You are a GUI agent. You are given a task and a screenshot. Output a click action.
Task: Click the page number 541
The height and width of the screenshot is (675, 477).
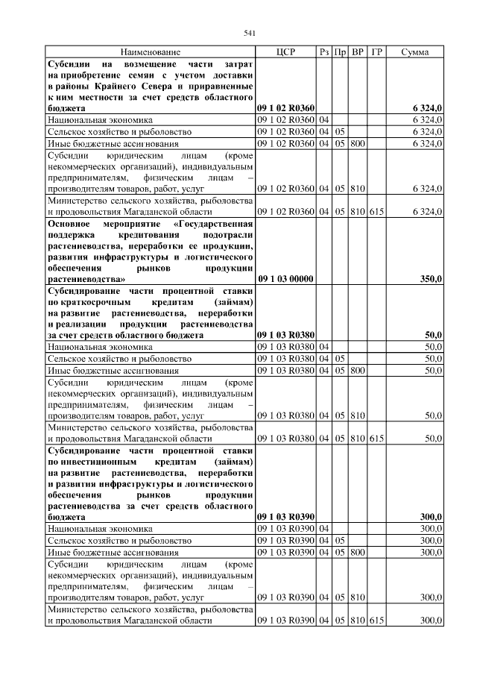250,32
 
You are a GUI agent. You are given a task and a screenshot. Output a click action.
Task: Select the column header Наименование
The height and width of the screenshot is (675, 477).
150,52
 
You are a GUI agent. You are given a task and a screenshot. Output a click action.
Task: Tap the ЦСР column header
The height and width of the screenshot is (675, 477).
285,52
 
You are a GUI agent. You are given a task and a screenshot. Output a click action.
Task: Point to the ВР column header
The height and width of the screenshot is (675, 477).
358,52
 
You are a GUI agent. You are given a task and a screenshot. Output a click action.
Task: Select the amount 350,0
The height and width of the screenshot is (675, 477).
431,278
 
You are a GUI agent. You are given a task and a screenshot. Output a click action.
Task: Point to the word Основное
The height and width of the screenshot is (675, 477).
69,225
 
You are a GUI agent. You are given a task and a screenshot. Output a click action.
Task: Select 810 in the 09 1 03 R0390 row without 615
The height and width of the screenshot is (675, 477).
358,598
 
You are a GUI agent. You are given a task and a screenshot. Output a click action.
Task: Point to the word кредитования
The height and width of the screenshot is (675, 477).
130,235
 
